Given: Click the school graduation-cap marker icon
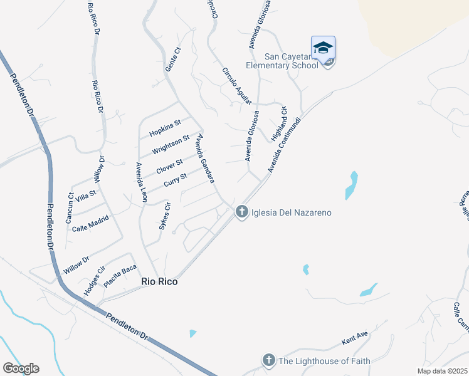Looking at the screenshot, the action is click(x=323, y=48).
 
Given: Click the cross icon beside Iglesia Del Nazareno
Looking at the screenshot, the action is click(x=241, y=212).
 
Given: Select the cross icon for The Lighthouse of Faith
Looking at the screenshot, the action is click(x=268, y=360).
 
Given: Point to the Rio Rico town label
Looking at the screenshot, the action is click(x=159, y=282).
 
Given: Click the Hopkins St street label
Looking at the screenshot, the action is click(x=165, y=128).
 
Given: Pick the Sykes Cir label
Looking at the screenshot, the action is click(x=166, y=216).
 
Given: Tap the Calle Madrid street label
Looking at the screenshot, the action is click(x=90, y=224).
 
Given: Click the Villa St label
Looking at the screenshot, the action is click(x=86, y=194).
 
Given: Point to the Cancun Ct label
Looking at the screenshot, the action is click(x=70, y=208).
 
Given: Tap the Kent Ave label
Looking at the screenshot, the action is click(x=355, y=338).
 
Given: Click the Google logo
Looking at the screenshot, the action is click(x=21, y=368).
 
